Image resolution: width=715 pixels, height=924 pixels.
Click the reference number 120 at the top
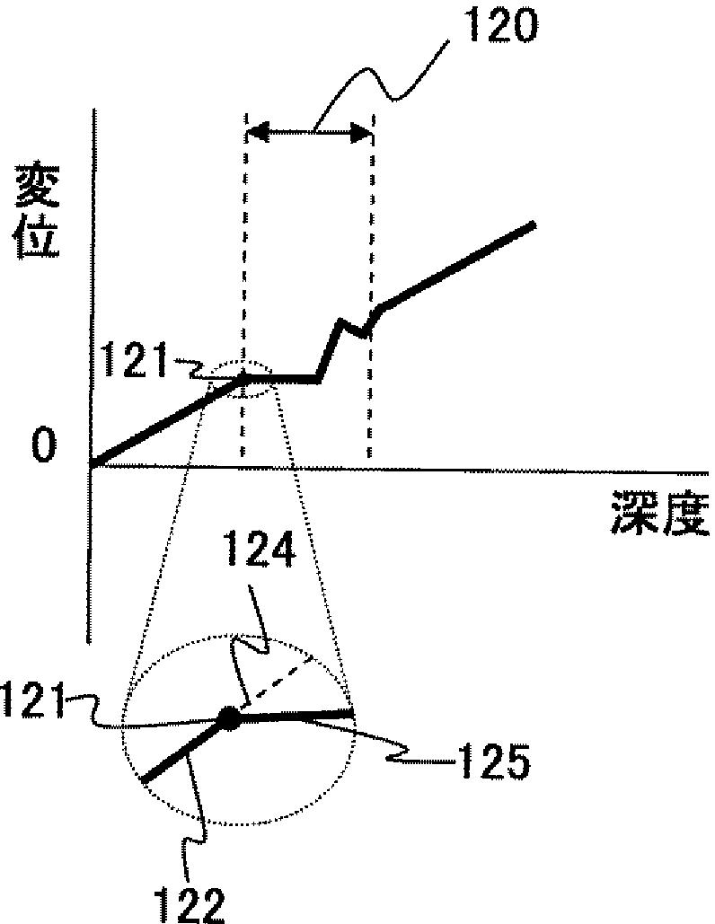(500, 25)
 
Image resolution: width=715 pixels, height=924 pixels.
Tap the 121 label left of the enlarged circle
(32, 700)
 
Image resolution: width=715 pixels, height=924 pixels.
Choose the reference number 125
(495, 761)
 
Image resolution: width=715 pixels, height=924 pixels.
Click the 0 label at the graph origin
(43, 444)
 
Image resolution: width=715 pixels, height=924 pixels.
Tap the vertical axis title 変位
(37, 212)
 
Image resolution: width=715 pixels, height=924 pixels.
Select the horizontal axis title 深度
(660, 512)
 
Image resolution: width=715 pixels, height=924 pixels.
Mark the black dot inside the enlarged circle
(229, 718)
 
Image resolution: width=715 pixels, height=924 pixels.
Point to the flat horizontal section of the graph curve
(282, 379)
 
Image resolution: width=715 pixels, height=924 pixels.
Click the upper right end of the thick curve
(533, 224)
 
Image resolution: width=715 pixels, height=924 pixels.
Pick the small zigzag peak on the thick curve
(340, 321)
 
